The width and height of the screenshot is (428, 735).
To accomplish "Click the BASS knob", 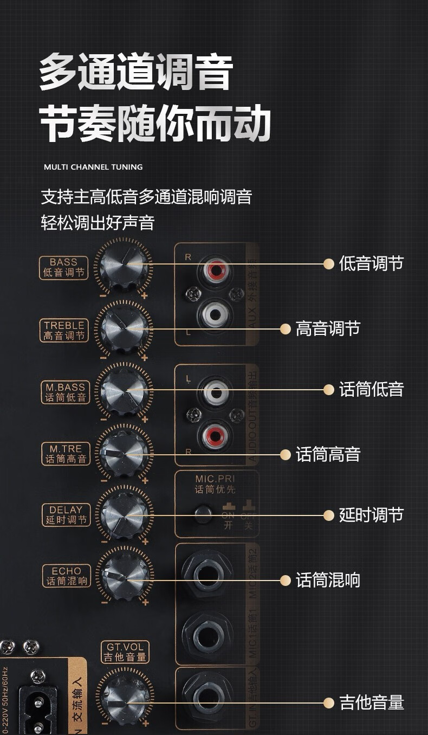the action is pyautogui.click(x=124, y=265).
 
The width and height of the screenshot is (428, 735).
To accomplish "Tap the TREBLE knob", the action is pyautogui.click(x=124, y=328).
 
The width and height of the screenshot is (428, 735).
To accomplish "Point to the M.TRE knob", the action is pyautogui.click(x=124, y=453).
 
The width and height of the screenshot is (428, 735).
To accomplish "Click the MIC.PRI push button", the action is pyautogui.click(x=203, y=513).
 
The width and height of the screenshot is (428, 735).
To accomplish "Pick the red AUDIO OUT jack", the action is pyautogui.click(x=212, y=434).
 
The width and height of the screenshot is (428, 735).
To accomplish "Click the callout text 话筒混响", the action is pyautogui.click(x=328, y=581).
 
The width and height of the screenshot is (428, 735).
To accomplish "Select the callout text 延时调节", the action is pyautogui.click(x=371, y=515).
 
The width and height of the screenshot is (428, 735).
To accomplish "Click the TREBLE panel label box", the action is pyautogui.click(x=64, y=331).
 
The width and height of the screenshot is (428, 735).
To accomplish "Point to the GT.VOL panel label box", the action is pyautogui.click(x=125, y=652).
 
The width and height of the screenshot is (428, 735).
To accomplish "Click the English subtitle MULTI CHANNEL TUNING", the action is pyautogui.click(x=93, y=167).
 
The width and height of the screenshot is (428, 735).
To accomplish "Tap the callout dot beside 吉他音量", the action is pyautogui.click(x=328, y=703).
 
